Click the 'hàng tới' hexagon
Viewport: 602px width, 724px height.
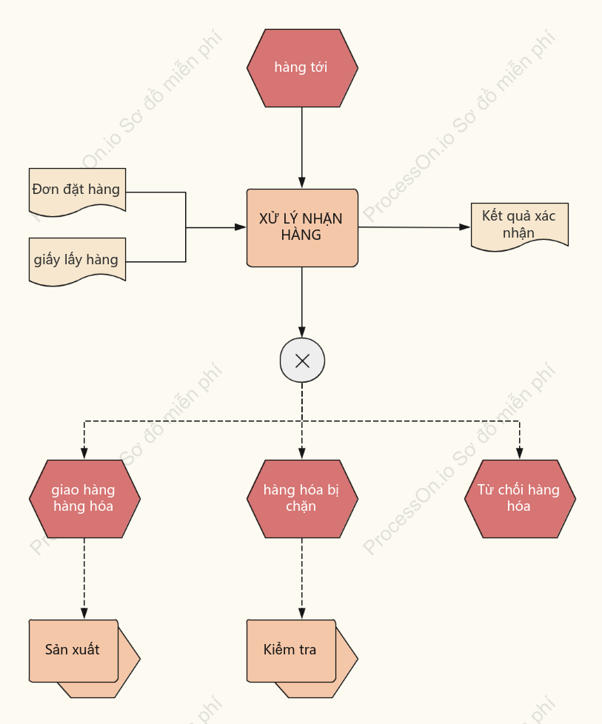302,68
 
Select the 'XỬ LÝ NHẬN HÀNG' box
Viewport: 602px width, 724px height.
302,227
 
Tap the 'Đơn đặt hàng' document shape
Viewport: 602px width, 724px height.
77,191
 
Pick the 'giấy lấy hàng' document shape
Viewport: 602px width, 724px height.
77,261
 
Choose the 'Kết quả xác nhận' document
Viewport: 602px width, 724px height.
520,227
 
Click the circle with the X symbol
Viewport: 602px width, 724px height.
302,361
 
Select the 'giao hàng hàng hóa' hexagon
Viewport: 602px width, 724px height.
84,499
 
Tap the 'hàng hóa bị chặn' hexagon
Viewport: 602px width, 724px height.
302,499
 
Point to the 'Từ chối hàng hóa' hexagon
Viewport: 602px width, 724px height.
520,499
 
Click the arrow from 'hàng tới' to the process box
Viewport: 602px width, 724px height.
302,148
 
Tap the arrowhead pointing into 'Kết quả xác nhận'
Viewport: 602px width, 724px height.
465,227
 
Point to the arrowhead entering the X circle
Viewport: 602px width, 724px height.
302,332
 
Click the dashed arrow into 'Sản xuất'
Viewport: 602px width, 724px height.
84,579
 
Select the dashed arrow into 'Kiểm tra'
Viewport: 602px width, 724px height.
302,579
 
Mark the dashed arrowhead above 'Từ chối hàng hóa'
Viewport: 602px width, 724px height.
519,453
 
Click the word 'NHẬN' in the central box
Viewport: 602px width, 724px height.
322,219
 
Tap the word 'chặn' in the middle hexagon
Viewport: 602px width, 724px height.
301,506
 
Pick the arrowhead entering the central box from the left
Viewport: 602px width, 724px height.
240,227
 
